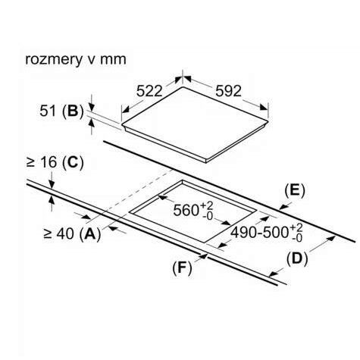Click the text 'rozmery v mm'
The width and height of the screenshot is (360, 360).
tap(76, 59)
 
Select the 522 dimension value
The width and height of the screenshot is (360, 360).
tap(149, 91)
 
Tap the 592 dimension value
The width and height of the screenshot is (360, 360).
tap(228, 91)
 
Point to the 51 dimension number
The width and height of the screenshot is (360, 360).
tap(48, 111)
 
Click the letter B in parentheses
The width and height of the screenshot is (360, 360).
tap(73, 111)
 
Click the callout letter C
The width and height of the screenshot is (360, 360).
tap(74, 162)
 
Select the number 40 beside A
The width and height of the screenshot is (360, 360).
tap(66, 233)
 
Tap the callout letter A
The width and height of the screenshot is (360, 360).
tap(91, 233)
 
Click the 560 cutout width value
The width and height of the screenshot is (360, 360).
tap(186, 210)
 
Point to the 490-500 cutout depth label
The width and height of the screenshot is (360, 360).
tap(260, 232)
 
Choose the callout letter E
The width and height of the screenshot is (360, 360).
tap(295, 191)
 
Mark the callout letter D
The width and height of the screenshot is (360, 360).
tap(297, 258)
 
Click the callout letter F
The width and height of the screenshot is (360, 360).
tap(182, 268)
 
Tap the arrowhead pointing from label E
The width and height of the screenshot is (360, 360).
tap(283, 208)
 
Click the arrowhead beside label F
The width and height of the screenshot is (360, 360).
tap(203, 256)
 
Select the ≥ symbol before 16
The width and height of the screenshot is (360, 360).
tap(30, 162)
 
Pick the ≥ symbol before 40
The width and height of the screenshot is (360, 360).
tap(48, 234)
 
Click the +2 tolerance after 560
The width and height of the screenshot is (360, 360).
tap(206, 205)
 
